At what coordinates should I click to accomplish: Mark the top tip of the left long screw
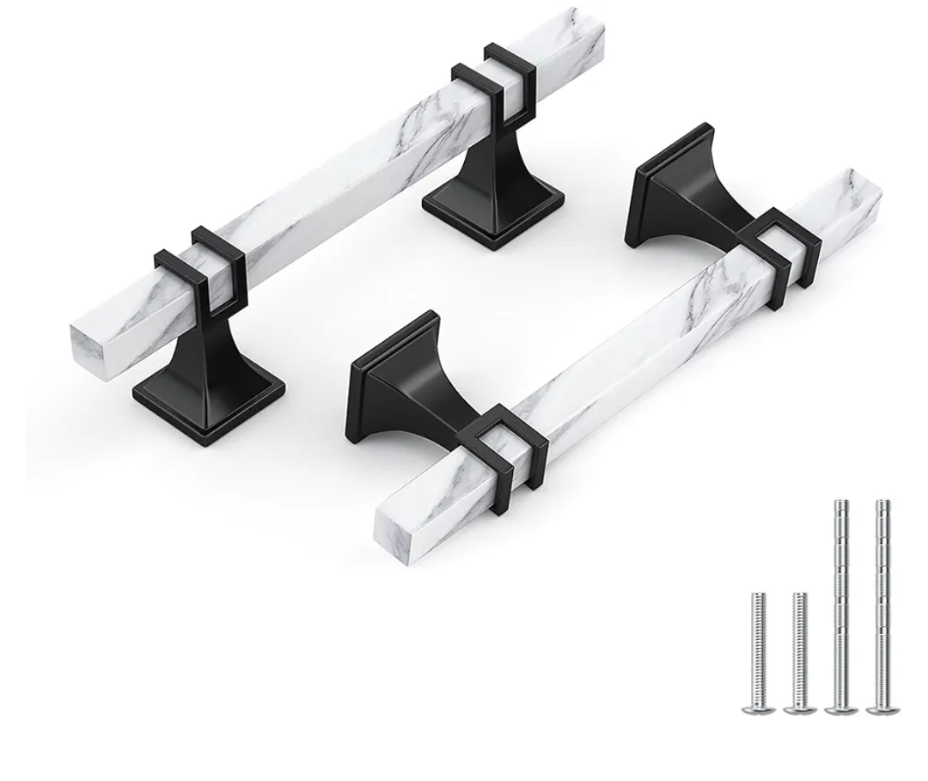(x=841, y=503)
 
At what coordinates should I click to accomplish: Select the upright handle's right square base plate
(x=493, y=216)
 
